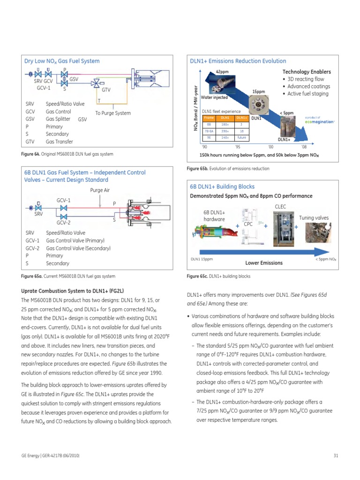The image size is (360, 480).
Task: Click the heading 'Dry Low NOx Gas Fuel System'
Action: tap(62, 61)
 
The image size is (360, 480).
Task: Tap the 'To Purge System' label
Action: tap(113, 113)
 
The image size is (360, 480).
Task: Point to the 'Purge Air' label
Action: tap(100, 190)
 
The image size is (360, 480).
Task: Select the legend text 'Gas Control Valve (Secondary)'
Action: tap(78, 248)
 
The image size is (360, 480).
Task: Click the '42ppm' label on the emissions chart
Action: tap(222, 71)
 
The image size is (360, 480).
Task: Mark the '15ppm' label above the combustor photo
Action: tap(259, 92)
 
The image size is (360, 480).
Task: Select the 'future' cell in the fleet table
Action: tap(241, 138)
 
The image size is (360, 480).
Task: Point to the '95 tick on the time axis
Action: tap(238, 147)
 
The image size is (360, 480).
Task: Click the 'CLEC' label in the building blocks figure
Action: tap(280, 206)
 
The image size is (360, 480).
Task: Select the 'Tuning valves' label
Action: tap(314, 218)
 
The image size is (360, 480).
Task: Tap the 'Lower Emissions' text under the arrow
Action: tap(264, 263)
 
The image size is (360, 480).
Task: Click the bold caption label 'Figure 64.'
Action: tap(30, 154)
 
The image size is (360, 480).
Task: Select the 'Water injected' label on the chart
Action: tap(214, 97)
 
